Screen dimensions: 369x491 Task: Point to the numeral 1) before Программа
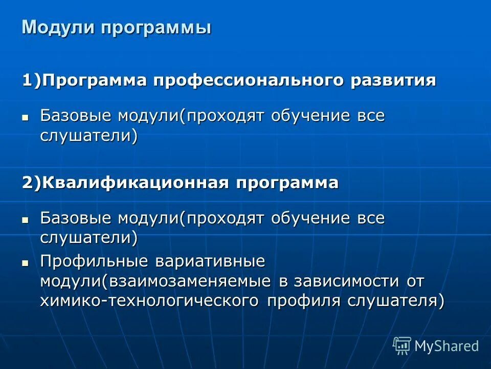tap(31, 81)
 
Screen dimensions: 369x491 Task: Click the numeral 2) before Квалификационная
tap(31, 183)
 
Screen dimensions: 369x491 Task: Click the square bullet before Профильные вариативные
tap(25, 262)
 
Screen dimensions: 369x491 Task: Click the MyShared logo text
tap(447, 346)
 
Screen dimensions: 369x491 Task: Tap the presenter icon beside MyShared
tap(401, 345)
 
